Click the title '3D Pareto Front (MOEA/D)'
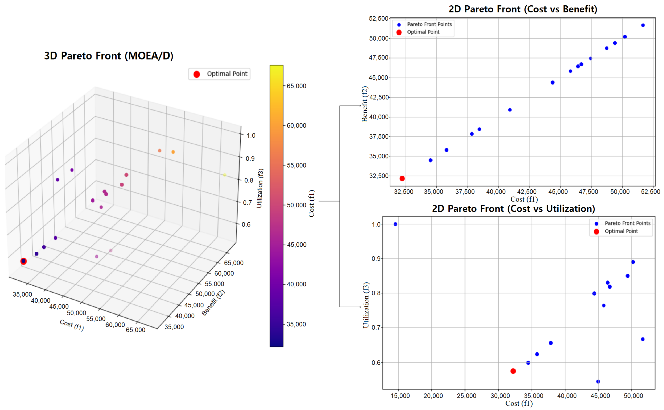108,56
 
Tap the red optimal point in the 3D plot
24,261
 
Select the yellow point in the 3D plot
225,175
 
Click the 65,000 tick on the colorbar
296,86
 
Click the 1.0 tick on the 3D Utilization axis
251,135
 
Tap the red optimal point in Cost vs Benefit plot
402,178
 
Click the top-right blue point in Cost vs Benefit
643,25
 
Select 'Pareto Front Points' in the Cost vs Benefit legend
429,24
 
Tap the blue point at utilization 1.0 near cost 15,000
395,224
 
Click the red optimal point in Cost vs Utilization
513,371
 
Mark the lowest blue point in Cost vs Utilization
598,382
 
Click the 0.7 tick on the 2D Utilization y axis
376,328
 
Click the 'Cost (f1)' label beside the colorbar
311,203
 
